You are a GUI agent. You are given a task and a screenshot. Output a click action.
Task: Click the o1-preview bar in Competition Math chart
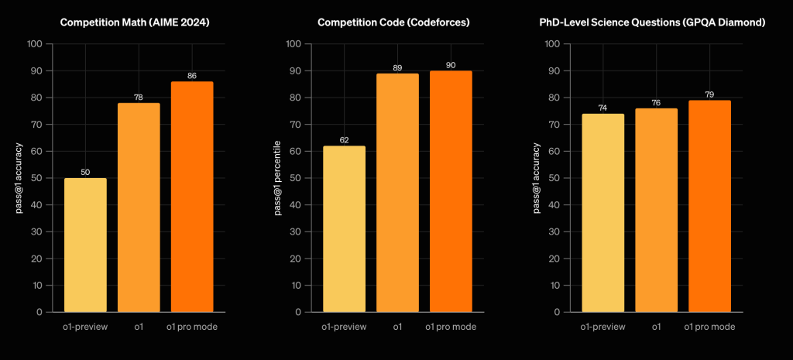pyautogui.click(x=85, y=245)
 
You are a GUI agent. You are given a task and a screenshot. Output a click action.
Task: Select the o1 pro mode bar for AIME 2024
pyautogui.click(x=192, y=197)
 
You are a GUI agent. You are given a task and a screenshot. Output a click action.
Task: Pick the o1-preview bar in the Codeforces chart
pyautogui.click(x=344, y=229)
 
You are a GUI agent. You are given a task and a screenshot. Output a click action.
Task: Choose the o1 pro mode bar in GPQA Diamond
pyautogui.click(x=709, y=206)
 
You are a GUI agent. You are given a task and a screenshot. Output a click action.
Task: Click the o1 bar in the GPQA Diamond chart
pyautogui.click(x=656, y=210)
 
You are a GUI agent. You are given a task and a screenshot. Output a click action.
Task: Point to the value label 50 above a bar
pyautogui.click(x=85, y=171)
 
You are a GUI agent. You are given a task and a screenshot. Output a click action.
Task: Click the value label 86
pyautogui.click(x=192, y=75)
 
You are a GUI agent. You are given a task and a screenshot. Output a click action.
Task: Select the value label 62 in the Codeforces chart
pyautogui.click(x=344, y=139)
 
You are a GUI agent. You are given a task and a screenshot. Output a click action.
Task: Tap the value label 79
pyautogui.click(x=709, y=94)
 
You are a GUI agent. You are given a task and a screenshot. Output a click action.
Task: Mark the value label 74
pyautogui.click(x=602, y=107)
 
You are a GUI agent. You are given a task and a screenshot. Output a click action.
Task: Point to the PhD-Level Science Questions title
pyautogui.click(x=652, y=22)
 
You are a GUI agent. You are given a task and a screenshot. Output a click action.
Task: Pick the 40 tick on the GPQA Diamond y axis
pyautogui.click(x=554, y=205)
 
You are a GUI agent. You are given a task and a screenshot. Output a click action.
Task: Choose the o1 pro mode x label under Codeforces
pyautogui.click(x=451, y=327)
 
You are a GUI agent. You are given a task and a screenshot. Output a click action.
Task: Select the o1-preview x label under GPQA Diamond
pyautogui.click(x=602, y=327)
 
